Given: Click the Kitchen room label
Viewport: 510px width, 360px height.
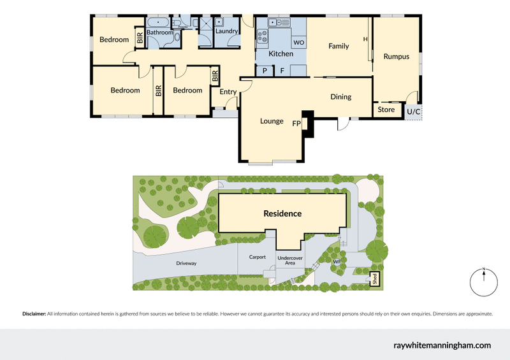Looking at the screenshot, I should coord(280,54).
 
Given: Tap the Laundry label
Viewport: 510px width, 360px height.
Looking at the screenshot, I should coord(227,31).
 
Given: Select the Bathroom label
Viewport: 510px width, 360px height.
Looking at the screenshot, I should coord(159,32).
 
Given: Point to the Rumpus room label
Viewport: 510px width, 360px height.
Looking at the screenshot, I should coord(397,57).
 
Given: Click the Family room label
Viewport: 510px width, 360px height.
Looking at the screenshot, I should coord(339,46).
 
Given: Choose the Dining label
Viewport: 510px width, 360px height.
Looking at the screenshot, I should coord(341,97).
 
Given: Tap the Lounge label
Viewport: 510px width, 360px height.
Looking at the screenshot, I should coord(272,121).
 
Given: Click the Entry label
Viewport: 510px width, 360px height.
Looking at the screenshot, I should coord(228,92).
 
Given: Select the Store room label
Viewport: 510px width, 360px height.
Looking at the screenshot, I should coord(386,110).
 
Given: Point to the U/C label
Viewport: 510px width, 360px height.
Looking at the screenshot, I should coord(413,112).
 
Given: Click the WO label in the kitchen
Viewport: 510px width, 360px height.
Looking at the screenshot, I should coord(298,43).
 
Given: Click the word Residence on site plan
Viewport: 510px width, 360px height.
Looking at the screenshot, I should coord(282,213).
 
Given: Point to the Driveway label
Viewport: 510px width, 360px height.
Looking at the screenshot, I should coord(186,263).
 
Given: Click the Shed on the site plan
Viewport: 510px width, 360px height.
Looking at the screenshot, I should coord(374,280).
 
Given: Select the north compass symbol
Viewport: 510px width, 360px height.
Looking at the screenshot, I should coord(484,282).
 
